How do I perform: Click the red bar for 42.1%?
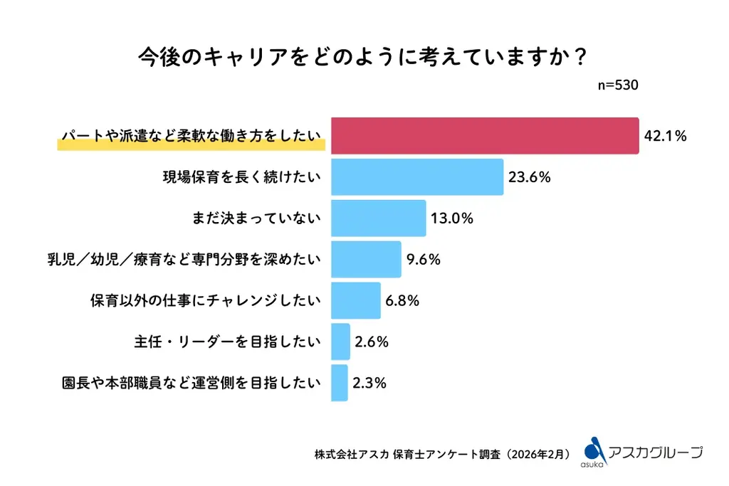485,136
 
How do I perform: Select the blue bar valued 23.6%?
417,177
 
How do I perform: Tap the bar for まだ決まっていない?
379,218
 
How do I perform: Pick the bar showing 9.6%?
367,259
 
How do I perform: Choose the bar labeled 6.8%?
356,300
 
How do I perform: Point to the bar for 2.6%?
341,342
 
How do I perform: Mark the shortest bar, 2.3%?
340,383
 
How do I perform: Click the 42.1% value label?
665,137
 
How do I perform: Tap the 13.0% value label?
452,218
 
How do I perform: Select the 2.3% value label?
369,383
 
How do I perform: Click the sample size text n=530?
617,85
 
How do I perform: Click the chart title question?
364,56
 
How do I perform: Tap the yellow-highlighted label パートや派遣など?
192,137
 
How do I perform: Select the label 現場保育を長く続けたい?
242,177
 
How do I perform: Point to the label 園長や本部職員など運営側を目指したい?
191,383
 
